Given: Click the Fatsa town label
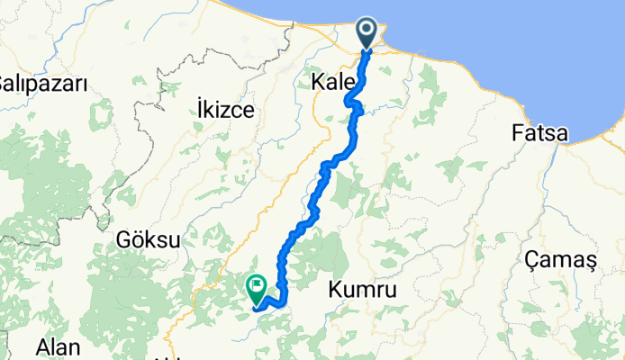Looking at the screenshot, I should point(539,133).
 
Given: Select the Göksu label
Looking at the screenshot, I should point(149,240).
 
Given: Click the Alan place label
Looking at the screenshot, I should point(57,347).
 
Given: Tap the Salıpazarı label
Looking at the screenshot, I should point(42,84).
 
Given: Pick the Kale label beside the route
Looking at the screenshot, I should point(330,83).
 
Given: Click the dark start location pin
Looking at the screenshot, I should point(368,32).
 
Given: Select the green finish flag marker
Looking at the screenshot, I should point(256,289).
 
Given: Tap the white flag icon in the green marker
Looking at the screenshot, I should point(256,288).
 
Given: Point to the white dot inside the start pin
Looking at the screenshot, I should point(368,30).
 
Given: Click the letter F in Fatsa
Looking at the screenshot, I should point(517,133).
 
